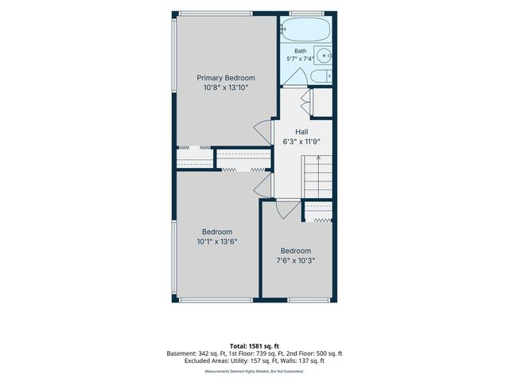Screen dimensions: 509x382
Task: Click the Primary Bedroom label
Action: click(x=226, y=78)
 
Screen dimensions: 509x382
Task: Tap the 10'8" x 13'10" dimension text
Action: click(x=226, y=88)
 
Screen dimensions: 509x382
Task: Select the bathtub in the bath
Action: click(x=305, y=29)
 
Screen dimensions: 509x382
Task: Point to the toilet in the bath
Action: click(x=321, y=76)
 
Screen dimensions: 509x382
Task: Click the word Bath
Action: click(x=301, y=51)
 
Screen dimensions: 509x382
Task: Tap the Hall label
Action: click(x=301, y=132)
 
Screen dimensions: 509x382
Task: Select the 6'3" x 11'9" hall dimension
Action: click(x=301, y=142)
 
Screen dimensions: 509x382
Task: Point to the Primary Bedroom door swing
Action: click(x=263, y=131)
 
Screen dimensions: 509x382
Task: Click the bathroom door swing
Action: click(x=296, y=77)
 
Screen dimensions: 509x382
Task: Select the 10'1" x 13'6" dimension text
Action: click(x=217, y=241)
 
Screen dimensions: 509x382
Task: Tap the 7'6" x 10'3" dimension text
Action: click(x=296, y=260)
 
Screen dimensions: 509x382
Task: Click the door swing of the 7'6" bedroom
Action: click(x=288, y=209)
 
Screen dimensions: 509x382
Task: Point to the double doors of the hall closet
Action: click(x=305, y=102)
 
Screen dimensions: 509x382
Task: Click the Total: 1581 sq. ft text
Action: click(x=254, y=346)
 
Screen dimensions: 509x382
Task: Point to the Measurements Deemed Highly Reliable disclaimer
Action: click(x=254, y=372)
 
